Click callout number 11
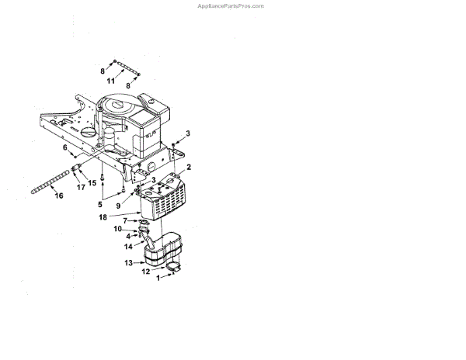(x=111, y=81)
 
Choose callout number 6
(x=65, y=147)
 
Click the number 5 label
(x=99, y=204)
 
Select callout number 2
(x=188, y=167)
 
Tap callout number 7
(x=125, y=220)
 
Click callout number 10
(x=118, y=229)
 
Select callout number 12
(x=144, y=271)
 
